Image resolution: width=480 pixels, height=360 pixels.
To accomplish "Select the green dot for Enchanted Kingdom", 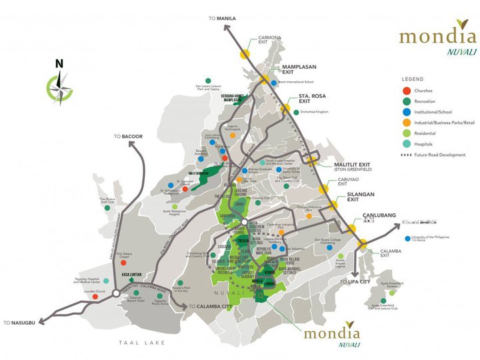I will point(295,112).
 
